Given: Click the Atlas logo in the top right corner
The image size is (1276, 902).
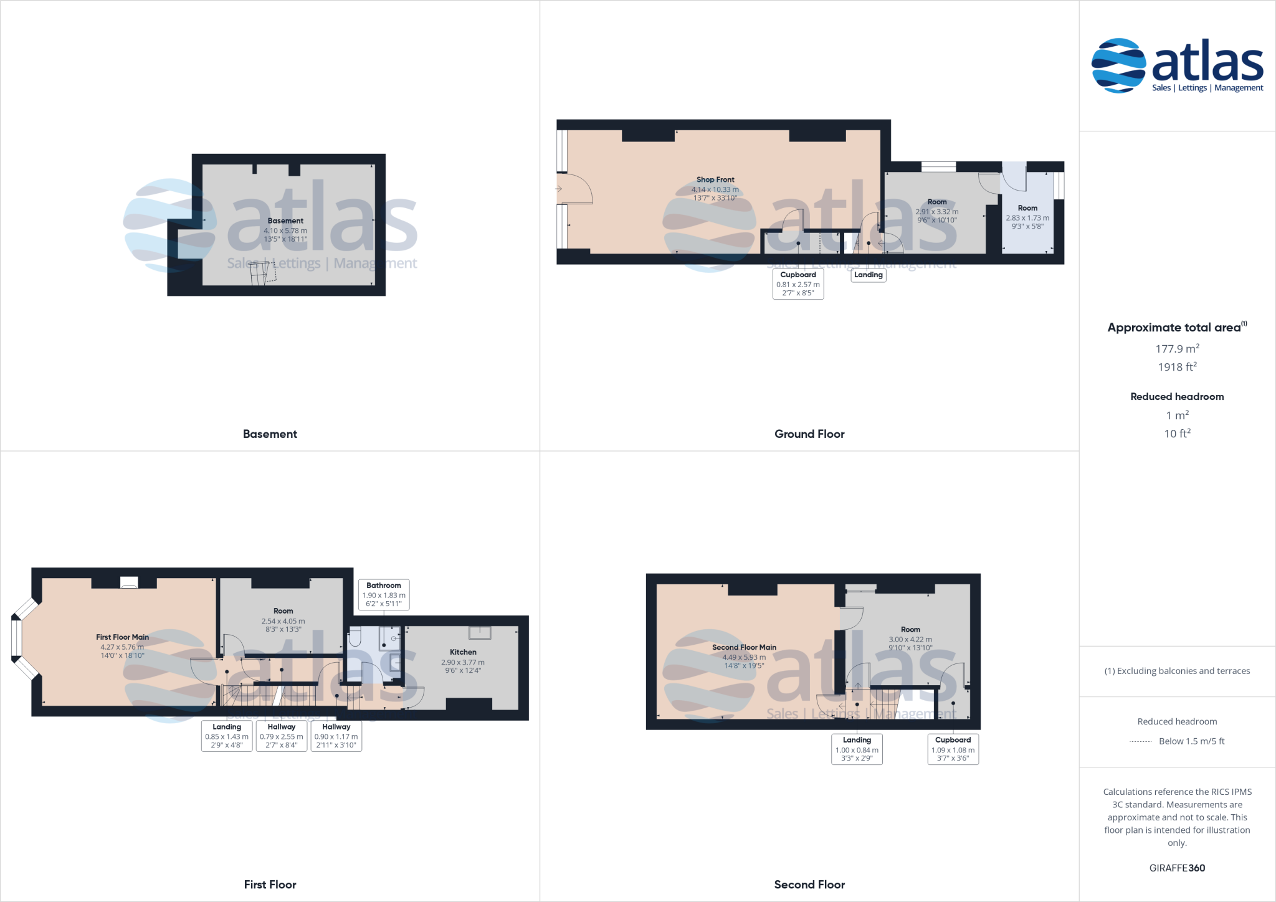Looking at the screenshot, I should click(1177, 65).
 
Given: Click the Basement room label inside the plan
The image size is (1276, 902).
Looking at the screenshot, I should click(285, 221).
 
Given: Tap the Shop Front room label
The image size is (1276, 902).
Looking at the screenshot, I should click(715, 180).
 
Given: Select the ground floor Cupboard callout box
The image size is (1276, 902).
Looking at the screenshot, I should click(798, 283).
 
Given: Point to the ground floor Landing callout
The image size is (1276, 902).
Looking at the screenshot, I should click(869, 275).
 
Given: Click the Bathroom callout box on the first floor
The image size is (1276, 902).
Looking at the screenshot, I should click(384, 594).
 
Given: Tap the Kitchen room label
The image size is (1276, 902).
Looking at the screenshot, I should click(463, 652).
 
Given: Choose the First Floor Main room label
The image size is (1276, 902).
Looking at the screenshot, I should click(122, 637).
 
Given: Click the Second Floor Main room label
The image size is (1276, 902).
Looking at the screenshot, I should click(744, 648).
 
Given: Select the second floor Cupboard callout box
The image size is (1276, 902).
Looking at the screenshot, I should click(953, 749).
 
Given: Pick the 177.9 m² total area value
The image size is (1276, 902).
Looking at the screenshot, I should click(1177, 349).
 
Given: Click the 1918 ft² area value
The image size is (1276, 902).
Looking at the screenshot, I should click(1177, 367).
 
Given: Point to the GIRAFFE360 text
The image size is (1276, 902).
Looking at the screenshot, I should click(1177, 868).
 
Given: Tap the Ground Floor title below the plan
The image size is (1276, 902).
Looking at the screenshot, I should click(809, 434).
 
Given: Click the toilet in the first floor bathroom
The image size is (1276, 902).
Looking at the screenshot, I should click(356, 636).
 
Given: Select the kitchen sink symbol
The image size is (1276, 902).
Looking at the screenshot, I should click(480, 633).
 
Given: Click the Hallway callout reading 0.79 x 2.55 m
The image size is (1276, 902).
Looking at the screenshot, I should click(282, 736).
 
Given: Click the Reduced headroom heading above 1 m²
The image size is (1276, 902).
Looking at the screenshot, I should click(1177, 397).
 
